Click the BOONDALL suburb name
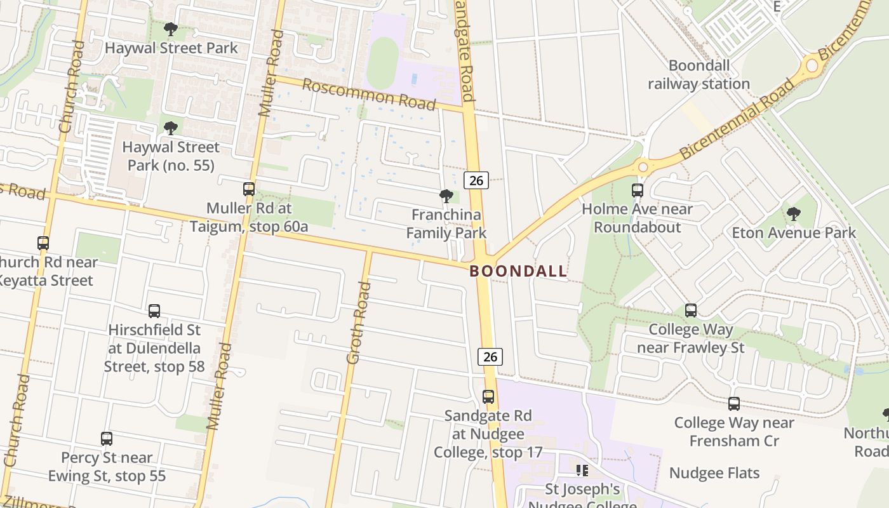coord(518,271)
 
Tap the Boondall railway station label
coord(699,74)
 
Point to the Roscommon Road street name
coord(369,93)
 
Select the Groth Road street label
coord(358,323)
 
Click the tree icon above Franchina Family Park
coord(446,196)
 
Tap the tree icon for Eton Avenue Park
coord(794,214)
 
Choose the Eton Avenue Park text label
coord(794,232)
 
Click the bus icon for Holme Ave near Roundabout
coord(638,190)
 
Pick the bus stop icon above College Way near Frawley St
coord(691,311)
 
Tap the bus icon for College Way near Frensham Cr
coord(734,404)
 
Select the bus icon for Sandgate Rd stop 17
coord(488,397)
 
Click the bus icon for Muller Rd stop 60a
coord(249,189)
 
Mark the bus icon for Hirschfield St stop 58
coord(154,311)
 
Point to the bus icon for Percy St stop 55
coord(107,438)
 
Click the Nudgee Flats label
coord(714,473)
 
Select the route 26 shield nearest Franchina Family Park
coord(476,180)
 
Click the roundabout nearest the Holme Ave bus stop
coord(643,167)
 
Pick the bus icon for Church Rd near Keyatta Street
coord(43,243)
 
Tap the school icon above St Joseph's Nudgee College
coord(582,471)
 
